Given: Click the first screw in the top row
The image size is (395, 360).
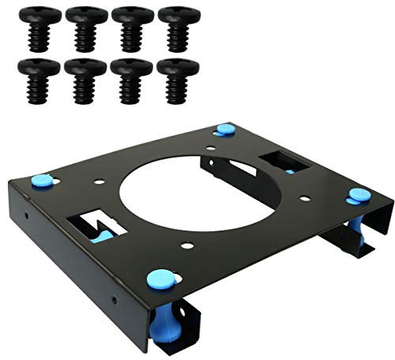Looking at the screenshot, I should pyautogui.click(x=39, y=28).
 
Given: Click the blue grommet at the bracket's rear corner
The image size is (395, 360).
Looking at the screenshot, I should pyautogui.click(x=224, y=129).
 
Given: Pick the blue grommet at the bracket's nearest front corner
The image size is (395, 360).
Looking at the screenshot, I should pyautogui.click(x=160, y=277).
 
